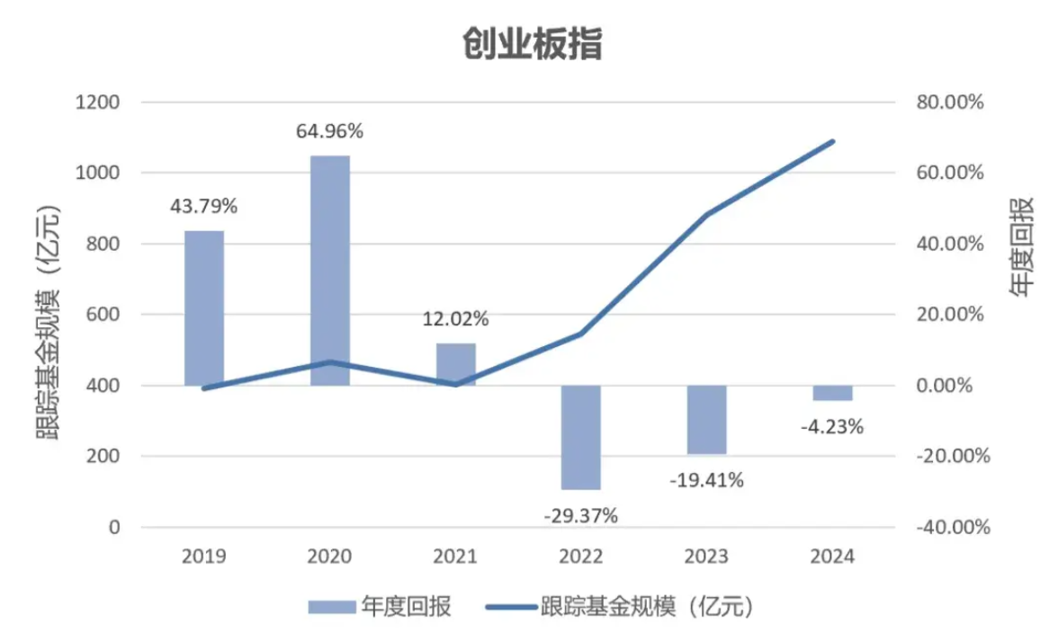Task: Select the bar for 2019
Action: tap(204, 307)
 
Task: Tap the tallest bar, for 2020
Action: tap(330, 270)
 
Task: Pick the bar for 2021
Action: tap(456, 364)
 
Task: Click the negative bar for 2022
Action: tap(581, 437)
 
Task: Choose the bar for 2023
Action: tap(707, 420)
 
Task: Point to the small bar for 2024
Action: tap(833, 393)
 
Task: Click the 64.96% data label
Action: tap(330, 131)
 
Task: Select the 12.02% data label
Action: tap(456, 318)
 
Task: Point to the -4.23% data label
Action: tap(832, 427)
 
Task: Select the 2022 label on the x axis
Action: tap(581, 556)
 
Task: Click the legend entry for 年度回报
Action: tap(379, 607)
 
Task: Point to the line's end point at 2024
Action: tap(833, 141)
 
